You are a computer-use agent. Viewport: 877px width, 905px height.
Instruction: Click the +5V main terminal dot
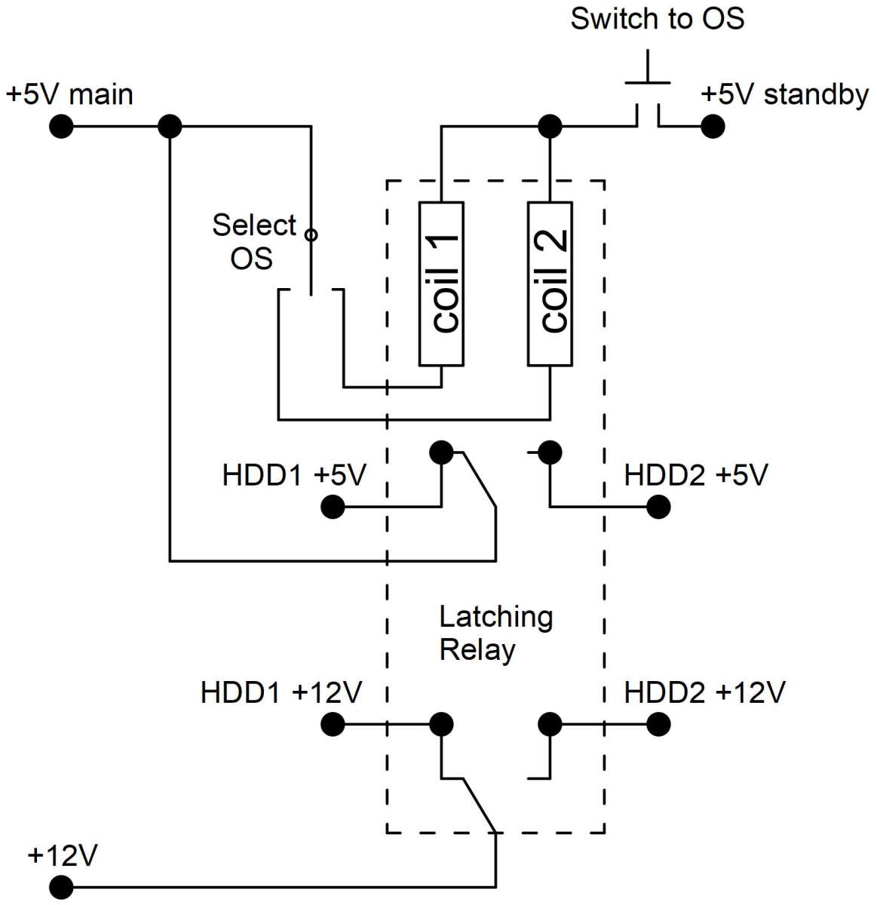61,126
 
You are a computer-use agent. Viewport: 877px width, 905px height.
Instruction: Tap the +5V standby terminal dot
713,126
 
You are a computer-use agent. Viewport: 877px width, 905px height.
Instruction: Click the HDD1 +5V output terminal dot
333,507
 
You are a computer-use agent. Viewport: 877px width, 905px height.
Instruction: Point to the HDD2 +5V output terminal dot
658,507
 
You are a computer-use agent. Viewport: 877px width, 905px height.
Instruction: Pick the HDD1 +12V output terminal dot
333,724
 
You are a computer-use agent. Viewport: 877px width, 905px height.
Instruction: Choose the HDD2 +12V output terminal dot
658,724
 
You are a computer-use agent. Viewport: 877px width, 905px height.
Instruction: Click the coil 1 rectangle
441,284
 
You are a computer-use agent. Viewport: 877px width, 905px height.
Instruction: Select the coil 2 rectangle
550,284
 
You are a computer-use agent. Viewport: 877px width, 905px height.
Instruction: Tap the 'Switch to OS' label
657,19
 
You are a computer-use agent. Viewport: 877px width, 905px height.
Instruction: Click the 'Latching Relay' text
495,633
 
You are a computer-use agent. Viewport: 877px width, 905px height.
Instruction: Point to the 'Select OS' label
254,241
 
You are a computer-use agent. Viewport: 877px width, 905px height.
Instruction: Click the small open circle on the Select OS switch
311,235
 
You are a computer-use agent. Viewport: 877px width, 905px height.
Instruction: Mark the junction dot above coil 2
550,126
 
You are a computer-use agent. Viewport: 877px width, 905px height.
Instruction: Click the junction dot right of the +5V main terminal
170,126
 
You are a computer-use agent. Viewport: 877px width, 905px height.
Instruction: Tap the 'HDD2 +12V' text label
704,692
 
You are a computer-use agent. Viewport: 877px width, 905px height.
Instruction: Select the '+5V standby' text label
784,95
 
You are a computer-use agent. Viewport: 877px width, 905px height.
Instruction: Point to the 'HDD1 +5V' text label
294,475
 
